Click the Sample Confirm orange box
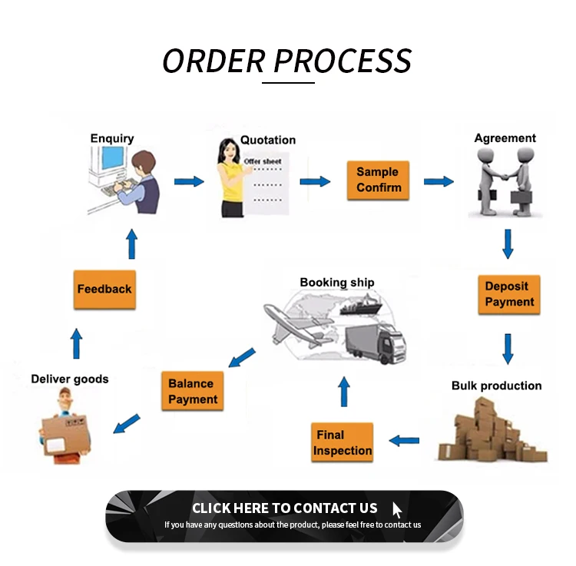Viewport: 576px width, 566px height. pyautogui.click(x=377, y=180)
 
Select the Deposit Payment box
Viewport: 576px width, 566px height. pyautogui.click(x=508, y=294)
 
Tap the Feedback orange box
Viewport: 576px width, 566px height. pyautogui.click(x=104, y=290)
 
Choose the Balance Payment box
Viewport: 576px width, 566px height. pyautogui.click(x=193, y=391)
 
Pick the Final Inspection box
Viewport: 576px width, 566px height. pyautogui.click(x=343, y=442)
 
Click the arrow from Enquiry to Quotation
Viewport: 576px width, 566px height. pyautogui.click(x=189, y=181)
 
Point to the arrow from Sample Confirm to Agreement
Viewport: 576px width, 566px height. pyautogui.click(x=439, y=181)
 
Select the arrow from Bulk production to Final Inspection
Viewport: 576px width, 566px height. pyautogui.click(x=404, y=440)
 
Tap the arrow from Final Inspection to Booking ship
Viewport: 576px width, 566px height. pyautogui.click(x=344, y=392)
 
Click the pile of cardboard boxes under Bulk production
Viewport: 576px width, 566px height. pyautogui.click(x=491, y=432)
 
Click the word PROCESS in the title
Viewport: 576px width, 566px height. pyautogui.click(x=343, y=61)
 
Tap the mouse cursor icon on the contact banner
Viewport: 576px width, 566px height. pyautogui.click(x=397, y=510)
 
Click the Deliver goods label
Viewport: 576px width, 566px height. pyautogui.click(x=70, y=379)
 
